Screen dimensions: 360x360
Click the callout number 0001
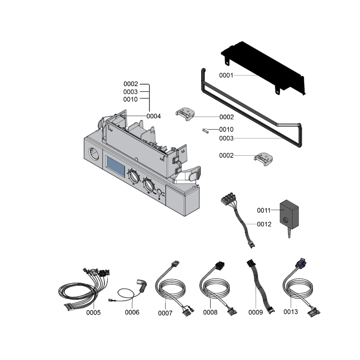[x=226, y=75]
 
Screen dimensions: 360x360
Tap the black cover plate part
[x=263, y=68]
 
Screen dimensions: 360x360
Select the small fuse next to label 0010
[x=205, y=131]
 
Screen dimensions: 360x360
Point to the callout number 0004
[x=153, y=116]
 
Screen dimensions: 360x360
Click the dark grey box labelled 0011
[x=289, y=214]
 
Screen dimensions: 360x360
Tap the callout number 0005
[x=94, y=312]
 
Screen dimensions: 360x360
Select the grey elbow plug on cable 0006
[x=142, y=285]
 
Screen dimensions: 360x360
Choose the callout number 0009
[x=256, y=312]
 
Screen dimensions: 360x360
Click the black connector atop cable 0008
[x=220, y=265]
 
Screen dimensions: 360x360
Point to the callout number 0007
[x=165, y=313]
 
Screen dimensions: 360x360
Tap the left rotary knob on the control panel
[x=133, y=176]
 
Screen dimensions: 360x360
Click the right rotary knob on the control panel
[x=148, y=184]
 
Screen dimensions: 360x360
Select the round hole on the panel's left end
[x=94, y=154]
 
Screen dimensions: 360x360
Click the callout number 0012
[x=264, y=224]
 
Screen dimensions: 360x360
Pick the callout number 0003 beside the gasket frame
[x=226, y=138]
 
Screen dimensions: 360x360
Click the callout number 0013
[x=291, y=312]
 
